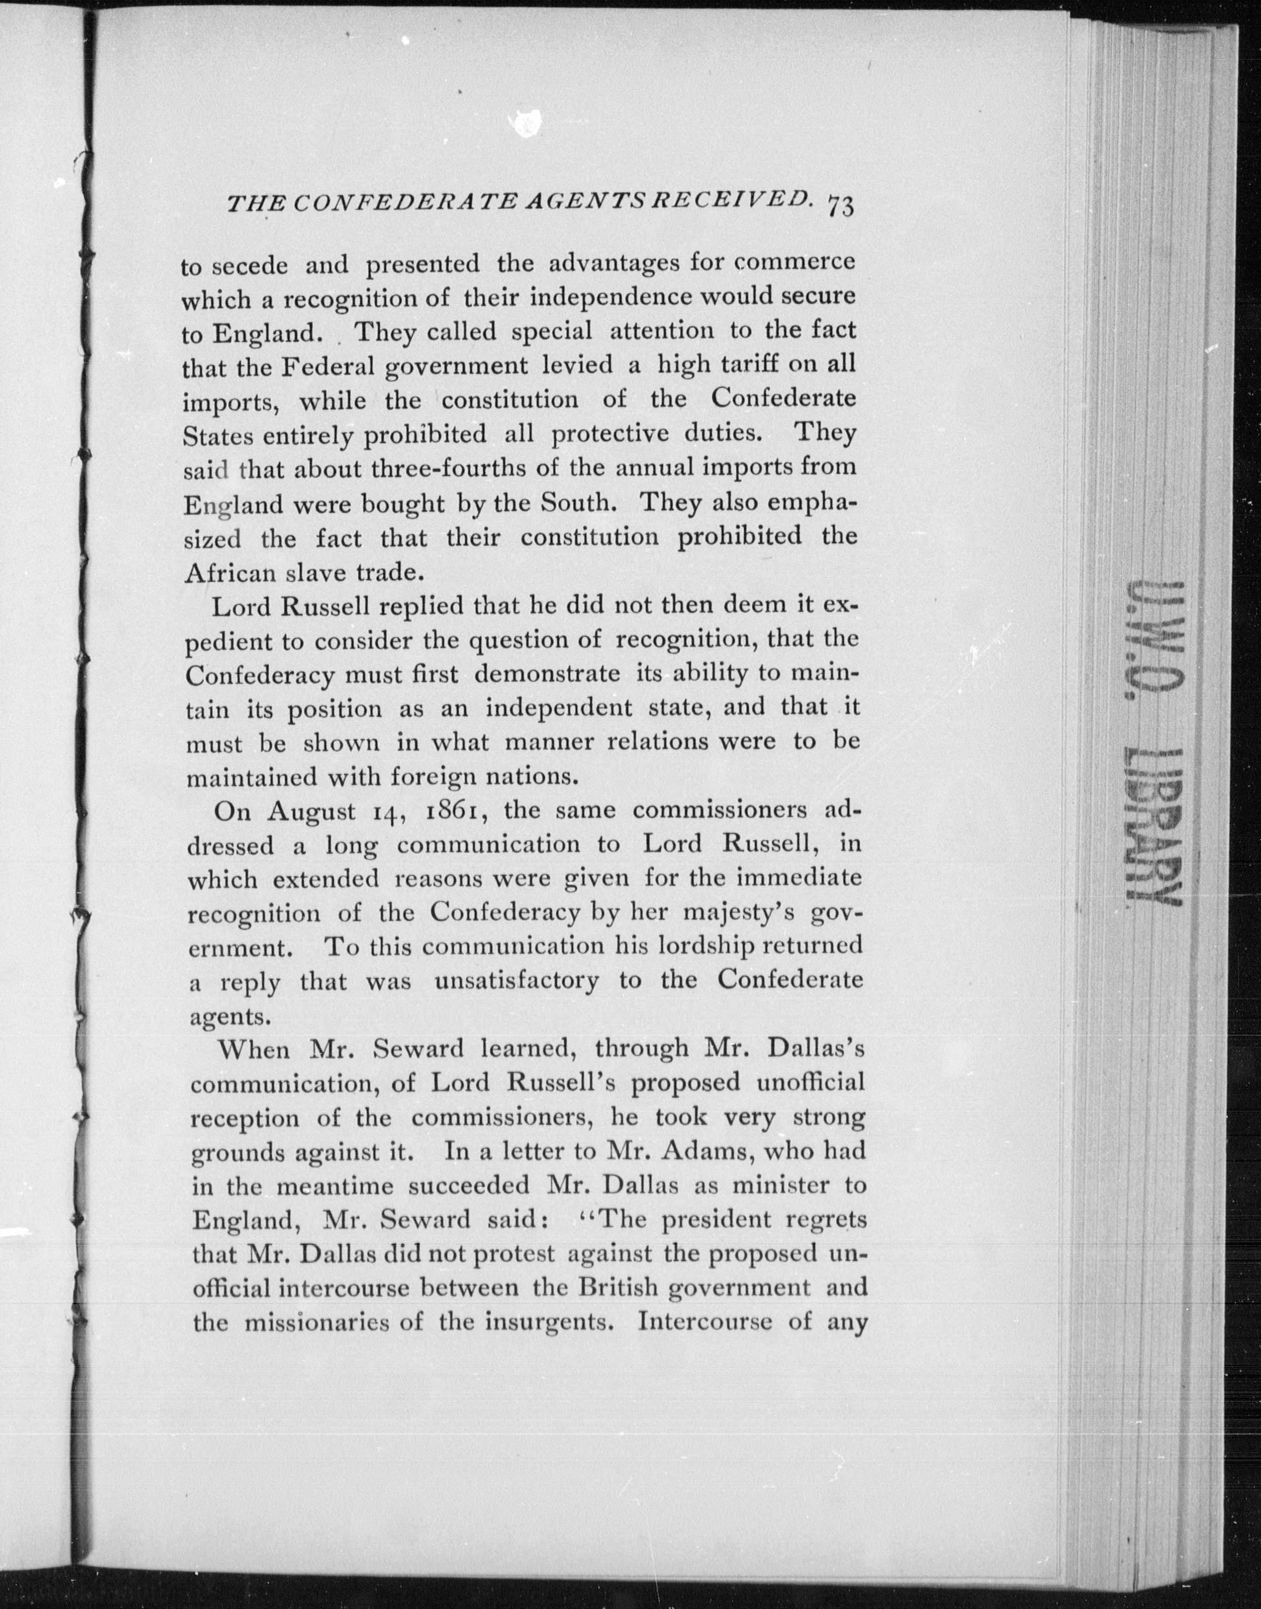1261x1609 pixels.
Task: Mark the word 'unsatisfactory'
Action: [517, 981]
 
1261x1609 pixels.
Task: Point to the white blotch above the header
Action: [529, 122]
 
